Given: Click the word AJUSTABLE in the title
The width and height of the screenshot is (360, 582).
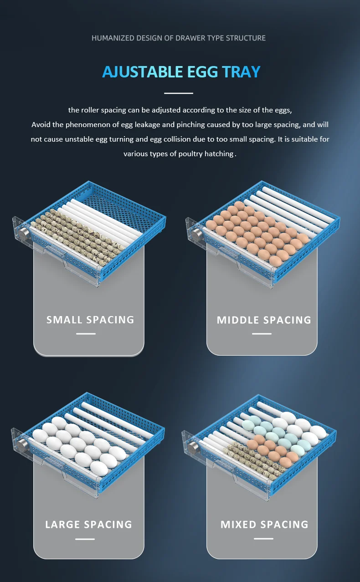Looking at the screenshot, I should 141,72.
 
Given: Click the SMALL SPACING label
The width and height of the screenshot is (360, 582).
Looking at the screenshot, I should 90,320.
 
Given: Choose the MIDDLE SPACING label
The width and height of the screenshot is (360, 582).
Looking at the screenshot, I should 264,320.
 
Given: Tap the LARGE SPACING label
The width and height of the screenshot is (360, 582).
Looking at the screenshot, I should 88,525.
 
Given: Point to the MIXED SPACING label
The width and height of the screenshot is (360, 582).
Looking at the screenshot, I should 264,525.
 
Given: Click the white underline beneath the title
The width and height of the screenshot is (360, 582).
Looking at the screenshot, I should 179,93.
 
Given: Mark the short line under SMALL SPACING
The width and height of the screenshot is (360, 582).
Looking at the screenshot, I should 86,334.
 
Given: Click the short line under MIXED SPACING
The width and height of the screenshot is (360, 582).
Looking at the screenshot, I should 263,539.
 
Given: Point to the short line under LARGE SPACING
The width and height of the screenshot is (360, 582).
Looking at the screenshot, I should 85,539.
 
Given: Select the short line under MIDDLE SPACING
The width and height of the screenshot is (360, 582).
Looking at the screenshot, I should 262,334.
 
